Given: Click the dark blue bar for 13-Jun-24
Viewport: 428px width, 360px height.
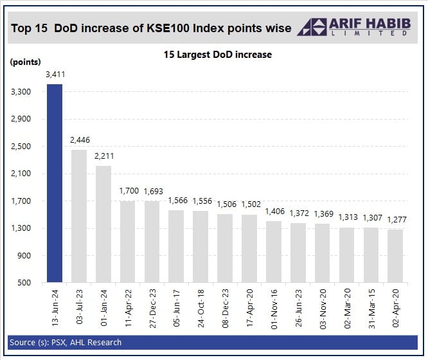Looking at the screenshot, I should tap(55, 183).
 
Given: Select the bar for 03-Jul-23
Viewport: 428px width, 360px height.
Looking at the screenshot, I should tap(79, 216).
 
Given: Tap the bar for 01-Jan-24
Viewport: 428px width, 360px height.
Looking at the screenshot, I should tap(103, 224).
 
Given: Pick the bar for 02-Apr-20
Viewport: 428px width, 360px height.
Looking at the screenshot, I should tap(396, 256).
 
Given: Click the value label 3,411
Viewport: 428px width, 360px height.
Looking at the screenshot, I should tap(55, 75).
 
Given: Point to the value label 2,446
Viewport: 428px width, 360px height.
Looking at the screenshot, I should tap(79, 141).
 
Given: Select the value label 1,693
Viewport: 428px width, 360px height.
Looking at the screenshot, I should tap(153, 192).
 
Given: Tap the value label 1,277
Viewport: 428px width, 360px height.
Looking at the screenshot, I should tap(396, 221).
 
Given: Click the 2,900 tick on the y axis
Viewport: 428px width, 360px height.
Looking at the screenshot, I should tap(21, 120).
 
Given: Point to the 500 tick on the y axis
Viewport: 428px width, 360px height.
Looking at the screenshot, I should tap(25, 283).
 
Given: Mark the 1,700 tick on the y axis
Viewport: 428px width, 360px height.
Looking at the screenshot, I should tap(21, 201).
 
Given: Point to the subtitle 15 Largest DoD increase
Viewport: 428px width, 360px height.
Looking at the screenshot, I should tap(217, 55).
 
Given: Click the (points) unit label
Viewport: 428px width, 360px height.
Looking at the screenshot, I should tap(26, 62).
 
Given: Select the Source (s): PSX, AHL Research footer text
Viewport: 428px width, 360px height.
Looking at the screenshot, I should tap(66, 342).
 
